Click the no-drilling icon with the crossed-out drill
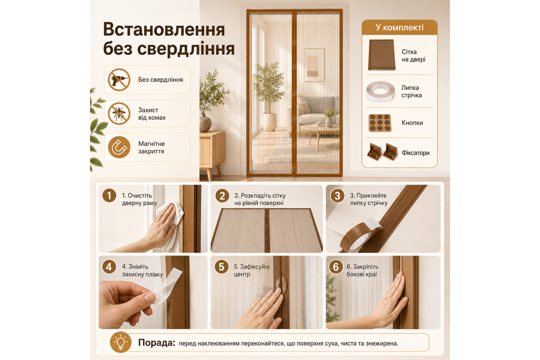coord(119,80)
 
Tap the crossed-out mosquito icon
coord(119,113)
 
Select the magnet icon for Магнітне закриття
coord(119,147)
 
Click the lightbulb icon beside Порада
coord(121,342)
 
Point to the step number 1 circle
coord(109,196)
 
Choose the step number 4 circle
coord(109,267)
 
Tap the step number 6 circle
coord(336,267)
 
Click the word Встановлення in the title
coord(164,30)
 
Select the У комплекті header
coord(400,27)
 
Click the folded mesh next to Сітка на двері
coord(382,55)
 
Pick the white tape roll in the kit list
coord(381,92)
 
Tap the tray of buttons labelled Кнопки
coord(380,123)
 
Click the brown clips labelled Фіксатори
coord(382,152)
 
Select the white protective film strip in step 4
coord(166,286)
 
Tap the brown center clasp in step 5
coord(281,285)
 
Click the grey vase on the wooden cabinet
coord(205,123)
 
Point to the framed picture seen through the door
coord(315,65)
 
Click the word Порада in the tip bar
coord(157,342)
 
